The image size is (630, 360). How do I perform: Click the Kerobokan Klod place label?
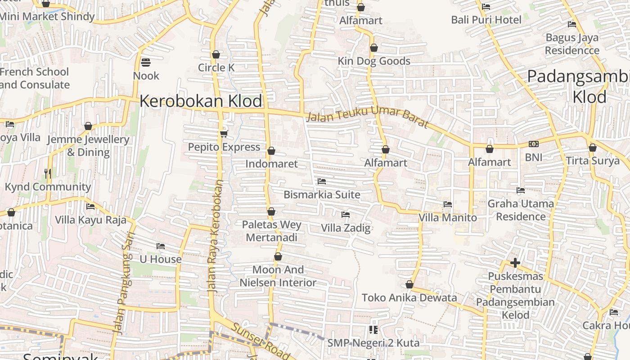[x=201, y=101]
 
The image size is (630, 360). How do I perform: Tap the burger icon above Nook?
[x=146, y=62]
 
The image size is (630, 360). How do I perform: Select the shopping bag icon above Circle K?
[x=216, y=54]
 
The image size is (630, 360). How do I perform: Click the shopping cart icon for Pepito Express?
[x=224, y=134]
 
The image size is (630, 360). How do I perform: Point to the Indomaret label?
[x=271, y=164]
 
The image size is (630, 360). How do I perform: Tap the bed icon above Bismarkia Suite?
[x=322, y=181]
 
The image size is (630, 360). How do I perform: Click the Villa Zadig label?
[x=346, y=228]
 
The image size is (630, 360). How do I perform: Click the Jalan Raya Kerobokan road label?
[x=215, y=236]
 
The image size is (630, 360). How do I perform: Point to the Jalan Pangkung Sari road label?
[x=123, y=283]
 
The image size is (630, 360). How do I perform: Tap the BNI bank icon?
[x=534, y=144]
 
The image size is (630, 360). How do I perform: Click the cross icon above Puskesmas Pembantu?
[x=515, y=262]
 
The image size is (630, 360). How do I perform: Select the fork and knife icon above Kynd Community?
[x=48, y=173]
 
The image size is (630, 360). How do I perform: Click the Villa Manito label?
[x=448, y=218]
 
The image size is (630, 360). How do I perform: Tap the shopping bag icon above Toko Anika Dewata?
[x=409, y=284]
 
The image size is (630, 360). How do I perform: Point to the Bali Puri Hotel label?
[x=486, y=20]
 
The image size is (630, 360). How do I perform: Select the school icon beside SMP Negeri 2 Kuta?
[x=373, y=330]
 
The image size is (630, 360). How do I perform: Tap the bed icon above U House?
[x=161, y=246]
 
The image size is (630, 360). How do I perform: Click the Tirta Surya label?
[x=593, y=161]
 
